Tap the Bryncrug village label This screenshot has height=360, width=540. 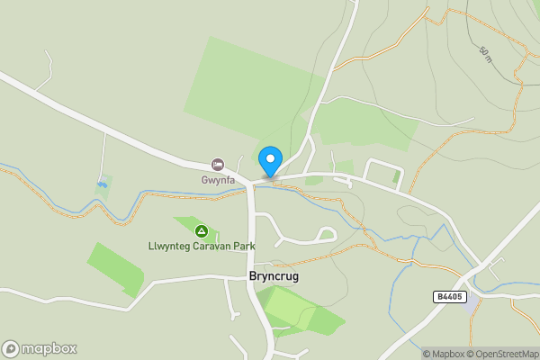tap(273, 277)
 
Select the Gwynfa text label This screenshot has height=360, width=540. tap(217, 179)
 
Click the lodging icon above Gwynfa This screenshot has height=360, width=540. tap(217, 164)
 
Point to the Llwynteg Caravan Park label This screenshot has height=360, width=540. tap(202, 246)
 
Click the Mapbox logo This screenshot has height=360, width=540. tap(40, 348)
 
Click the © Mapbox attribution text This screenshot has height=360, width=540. tap(444, 353)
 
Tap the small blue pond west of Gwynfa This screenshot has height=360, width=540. tap(103, 184)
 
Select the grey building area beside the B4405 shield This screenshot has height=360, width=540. tap(472, 306)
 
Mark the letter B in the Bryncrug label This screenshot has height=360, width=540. tap(252, 277)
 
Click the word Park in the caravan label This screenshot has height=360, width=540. tap(243, 246)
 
